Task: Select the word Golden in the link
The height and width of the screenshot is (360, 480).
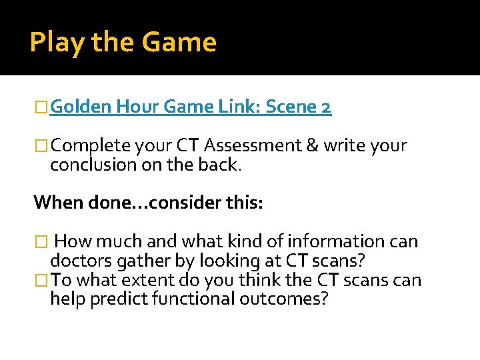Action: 80,107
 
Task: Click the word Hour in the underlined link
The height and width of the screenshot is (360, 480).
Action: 135,107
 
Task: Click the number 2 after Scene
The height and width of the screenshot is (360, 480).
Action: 325,107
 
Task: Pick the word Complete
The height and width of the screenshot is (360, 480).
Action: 90,146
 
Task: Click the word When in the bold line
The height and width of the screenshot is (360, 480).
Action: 55,201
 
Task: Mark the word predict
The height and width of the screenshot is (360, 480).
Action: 117,298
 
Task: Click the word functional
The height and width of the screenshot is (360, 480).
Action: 189,298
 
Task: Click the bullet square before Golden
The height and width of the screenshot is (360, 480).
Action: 42,107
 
